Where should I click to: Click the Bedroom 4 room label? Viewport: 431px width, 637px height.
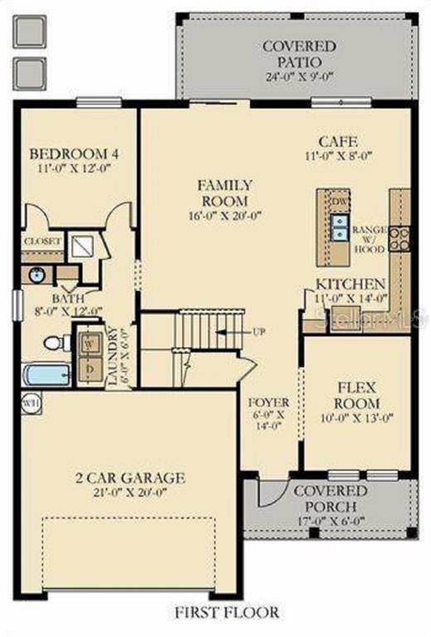[x=74, y=153]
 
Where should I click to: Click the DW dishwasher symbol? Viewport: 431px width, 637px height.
[x=340, y=202]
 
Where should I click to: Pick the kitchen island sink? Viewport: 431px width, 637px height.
[x=340, y=226]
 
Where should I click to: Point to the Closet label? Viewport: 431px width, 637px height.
[x=41, y=241]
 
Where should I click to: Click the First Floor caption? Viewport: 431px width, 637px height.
[x=226, y=612]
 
